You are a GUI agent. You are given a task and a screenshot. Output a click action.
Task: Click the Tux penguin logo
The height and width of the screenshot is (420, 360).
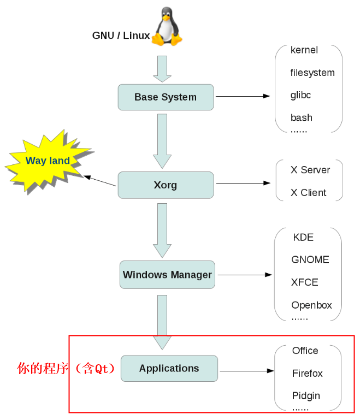pyautogui.click(x=167, y=27)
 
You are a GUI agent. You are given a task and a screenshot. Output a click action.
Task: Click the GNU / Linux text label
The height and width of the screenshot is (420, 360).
pyautogui.click(x=121, y=36)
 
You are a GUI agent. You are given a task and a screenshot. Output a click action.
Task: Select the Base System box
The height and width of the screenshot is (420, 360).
pyautogui.click(x=166, y=97)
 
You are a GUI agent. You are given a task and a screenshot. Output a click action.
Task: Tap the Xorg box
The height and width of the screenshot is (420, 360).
pyautogui.click(x=166, y=185)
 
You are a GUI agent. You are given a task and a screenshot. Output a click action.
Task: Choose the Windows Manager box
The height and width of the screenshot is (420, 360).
pyautogui.click(x=167, y=275)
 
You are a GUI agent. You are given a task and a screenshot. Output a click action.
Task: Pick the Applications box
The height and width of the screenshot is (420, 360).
pyautogui.click(x=169, y=368)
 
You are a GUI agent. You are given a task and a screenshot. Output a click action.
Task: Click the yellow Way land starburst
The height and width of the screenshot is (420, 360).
pyautogui.click(x=48, y=161)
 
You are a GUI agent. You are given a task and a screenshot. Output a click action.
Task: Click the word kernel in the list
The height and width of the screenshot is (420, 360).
pyautogui.click(x=304, y=50)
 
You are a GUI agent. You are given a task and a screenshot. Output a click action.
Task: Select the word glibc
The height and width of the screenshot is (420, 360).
pyautogui.click(x=300, y=95)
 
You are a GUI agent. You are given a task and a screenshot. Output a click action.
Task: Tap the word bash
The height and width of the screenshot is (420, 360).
pyautogui.click(x=301, y=118)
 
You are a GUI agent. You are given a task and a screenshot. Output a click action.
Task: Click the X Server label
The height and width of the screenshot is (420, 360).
pyautogui.click(x=310, y=170)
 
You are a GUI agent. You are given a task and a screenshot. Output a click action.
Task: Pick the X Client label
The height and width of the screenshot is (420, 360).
pyautogui.click(x=308, y=193)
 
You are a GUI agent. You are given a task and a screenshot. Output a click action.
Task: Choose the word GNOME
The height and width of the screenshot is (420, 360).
pyautogui.click(x=310, y=260)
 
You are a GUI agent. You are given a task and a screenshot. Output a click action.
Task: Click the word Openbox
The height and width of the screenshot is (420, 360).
pyautogui.click(x=311, y=305)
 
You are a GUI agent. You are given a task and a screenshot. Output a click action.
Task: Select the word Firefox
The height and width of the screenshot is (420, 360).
pyautogui.click(x=307, y=374)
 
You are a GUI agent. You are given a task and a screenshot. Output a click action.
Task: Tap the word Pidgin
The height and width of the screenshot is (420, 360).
pyautogui.click(x=306, y=396)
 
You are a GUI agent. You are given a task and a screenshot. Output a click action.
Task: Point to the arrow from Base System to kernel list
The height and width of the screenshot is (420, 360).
pyautogui.click(x=243, y=96)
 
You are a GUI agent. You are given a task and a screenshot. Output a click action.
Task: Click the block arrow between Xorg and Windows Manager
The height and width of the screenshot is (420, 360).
pyautogui.click(x=162, y=229)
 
